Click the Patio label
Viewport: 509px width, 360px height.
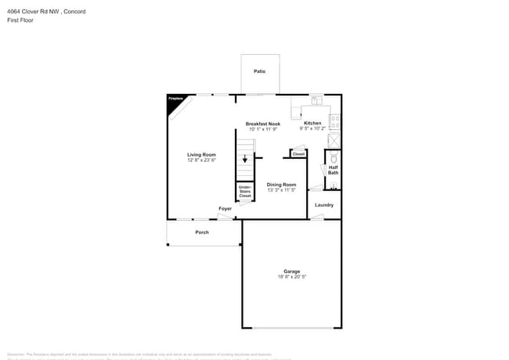tap(259, 71)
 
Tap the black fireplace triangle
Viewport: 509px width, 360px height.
tap(173, 102)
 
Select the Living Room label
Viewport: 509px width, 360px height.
tap(201, 155)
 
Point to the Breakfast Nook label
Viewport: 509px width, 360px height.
tap(262, 124)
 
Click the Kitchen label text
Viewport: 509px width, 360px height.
tap(312, 123)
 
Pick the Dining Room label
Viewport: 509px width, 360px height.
tap(281, 185)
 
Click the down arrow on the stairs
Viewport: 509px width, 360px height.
tap(244, 159)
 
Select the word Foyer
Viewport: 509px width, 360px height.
tap(225, 208)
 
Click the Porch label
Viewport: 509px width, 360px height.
tap(202, 232)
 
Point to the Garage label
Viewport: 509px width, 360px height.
tap(291, 272)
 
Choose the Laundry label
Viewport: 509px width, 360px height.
tap(324, 205)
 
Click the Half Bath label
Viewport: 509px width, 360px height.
tap(333, 169)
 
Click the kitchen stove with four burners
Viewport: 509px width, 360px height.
tap(334, 122)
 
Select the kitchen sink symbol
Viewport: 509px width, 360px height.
tap(316, 100)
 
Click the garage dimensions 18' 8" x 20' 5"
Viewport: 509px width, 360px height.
tap(291, 277)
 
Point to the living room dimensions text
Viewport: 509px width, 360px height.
tap(201, 160)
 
